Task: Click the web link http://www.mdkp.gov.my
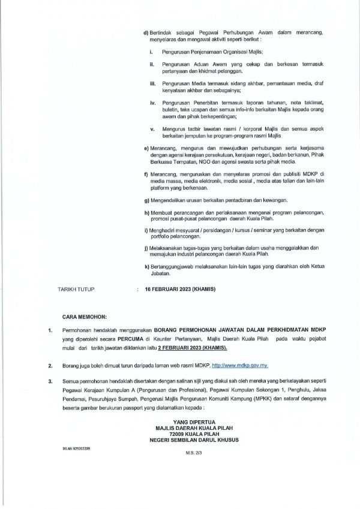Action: [234, 365]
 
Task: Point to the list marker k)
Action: [147, 265]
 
